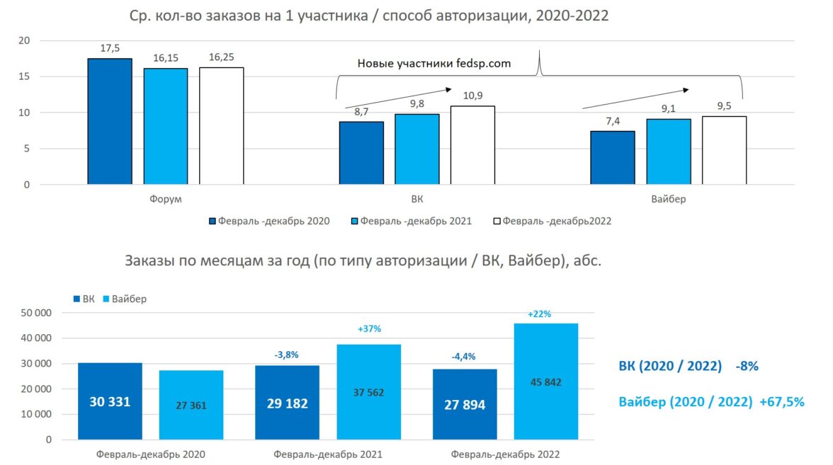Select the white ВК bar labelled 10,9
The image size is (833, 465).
[x=472, y=146]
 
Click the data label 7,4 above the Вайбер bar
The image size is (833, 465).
[x=613, y=122]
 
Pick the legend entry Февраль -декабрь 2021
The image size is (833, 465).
[x=411, y=222]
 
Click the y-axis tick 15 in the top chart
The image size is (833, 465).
[x=25, y=76]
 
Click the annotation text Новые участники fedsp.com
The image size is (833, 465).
[x=434, y=64]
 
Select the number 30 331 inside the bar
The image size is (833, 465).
[x=110, y=402]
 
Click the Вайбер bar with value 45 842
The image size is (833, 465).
[x=546, y=382]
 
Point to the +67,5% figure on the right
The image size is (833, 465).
[x=781, y=402]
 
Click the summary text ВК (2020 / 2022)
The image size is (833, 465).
[x=670, y=367]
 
